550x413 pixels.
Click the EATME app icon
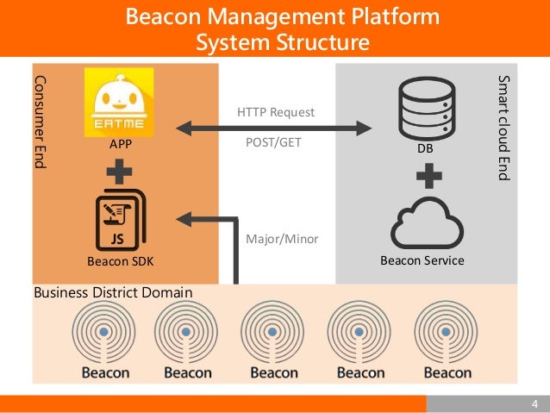119,103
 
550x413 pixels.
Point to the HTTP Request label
275,112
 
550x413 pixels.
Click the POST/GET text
273,143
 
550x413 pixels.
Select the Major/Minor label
282,238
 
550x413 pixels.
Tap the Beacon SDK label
119,260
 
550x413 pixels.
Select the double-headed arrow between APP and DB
275,128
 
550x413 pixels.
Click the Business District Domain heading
113,293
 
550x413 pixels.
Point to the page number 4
534,405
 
